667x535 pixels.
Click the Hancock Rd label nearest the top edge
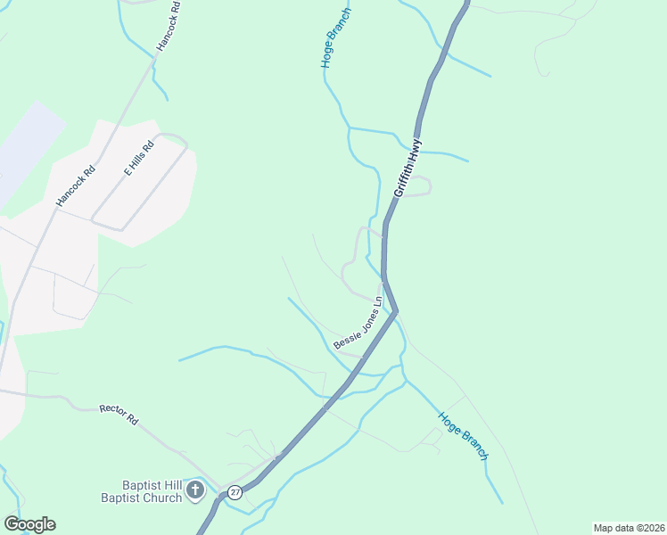168,24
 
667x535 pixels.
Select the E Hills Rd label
139,158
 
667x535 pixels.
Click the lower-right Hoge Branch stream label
463,435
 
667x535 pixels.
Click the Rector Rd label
119,414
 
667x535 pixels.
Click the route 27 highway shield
235,492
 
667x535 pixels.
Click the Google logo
29,524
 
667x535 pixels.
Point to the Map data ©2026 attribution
629,528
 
